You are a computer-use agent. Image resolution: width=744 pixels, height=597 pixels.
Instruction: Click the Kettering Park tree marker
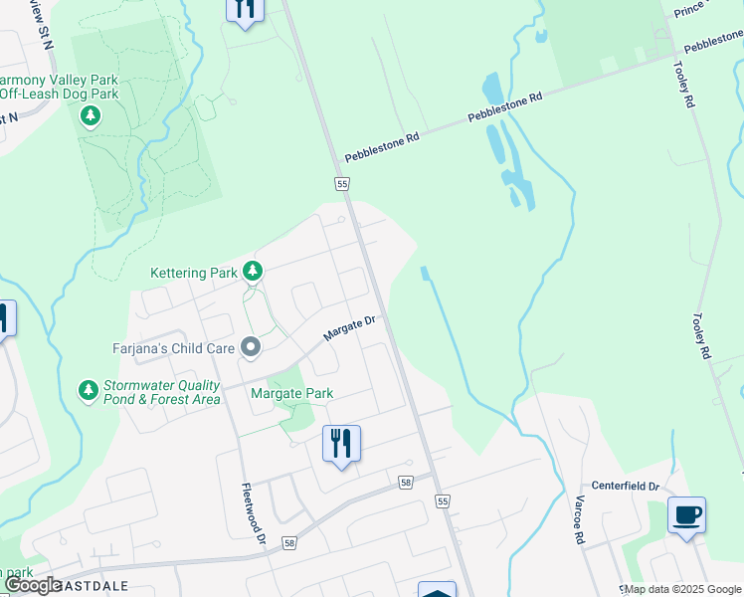coord(253,271)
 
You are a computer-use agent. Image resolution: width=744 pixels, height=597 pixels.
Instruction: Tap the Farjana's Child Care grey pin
coord(251,348)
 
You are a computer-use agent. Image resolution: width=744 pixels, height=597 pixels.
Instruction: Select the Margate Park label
coord(291,393)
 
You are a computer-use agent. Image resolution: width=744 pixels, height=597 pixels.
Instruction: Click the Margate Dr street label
coord(352,328)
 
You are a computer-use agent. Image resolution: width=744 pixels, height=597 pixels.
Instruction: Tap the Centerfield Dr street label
coord(626,486)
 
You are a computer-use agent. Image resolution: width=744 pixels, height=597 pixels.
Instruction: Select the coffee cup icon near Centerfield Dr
coord(686,514)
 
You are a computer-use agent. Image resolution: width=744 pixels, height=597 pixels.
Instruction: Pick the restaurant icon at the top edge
coord(244,8)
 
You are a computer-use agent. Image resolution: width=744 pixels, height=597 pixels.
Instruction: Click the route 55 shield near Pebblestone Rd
coord(342,184)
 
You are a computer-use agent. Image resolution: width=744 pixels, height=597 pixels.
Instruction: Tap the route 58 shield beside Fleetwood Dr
coord(289,543)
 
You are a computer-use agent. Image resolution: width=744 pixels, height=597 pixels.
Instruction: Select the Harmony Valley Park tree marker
coord(91,116)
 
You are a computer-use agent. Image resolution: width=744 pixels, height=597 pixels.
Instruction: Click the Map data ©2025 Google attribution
coord(682,589)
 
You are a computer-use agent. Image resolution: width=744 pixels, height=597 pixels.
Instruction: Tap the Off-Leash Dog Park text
coord(60,95)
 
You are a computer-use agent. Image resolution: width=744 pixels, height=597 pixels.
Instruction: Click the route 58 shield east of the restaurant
coord(405,483)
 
